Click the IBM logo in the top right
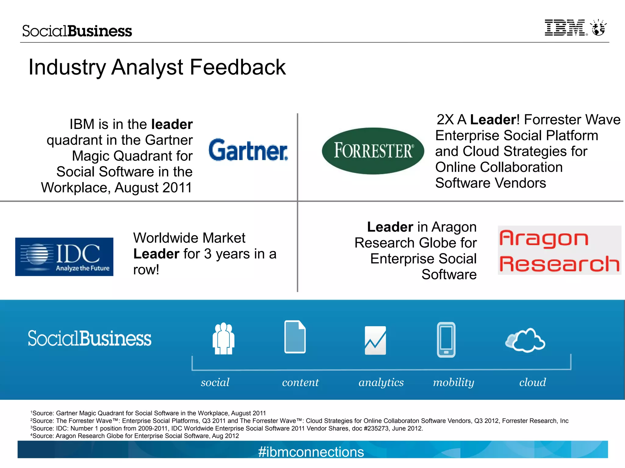click(565, 28)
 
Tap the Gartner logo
click(248, 150)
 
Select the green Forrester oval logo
click(373, 151)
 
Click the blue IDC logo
click(64, 257)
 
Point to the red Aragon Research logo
click(559, 250)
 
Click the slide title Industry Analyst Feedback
click(157, 67)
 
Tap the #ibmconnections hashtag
click(311, 452)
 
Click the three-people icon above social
click(223, 338)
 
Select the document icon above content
click(295, 337)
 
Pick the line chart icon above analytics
click(375, 341)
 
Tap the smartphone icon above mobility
click(446, 340)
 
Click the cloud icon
click(526, 341)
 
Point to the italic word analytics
click(381, 382)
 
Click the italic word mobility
click(453, 382)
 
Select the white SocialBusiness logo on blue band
click(89, 338)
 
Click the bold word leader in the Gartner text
click(172, 124)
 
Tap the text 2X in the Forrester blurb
click(445, 120)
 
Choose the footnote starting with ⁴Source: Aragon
click(135, 436)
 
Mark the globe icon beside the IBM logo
click(598, 28)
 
